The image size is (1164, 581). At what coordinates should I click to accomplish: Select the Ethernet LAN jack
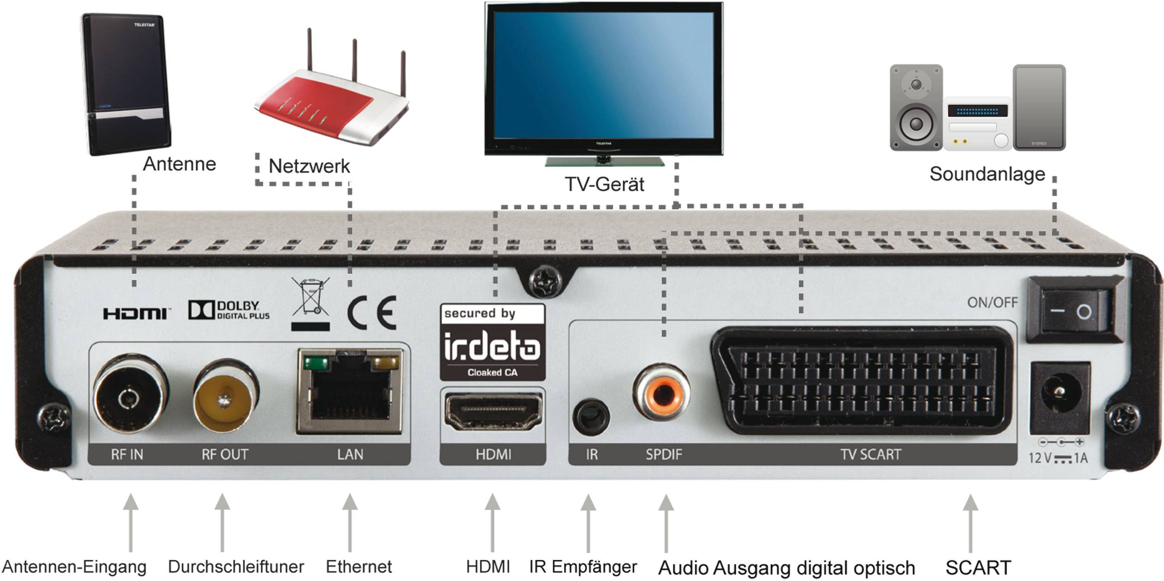pos(350,391)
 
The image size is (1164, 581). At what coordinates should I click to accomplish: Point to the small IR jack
pos(591,417)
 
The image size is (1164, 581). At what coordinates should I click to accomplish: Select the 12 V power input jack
pos(1061,398)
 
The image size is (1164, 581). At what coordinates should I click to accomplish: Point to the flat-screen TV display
pos(603,76)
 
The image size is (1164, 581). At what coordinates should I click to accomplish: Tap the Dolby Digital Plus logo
pos(229,310)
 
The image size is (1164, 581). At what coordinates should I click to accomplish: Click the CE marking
pos(372,313)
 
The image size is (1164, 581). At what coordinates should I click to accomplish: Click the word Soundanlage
pos(987,175)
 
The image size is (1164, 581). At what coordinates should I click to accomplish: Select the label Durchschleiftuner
pos(236,567)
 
